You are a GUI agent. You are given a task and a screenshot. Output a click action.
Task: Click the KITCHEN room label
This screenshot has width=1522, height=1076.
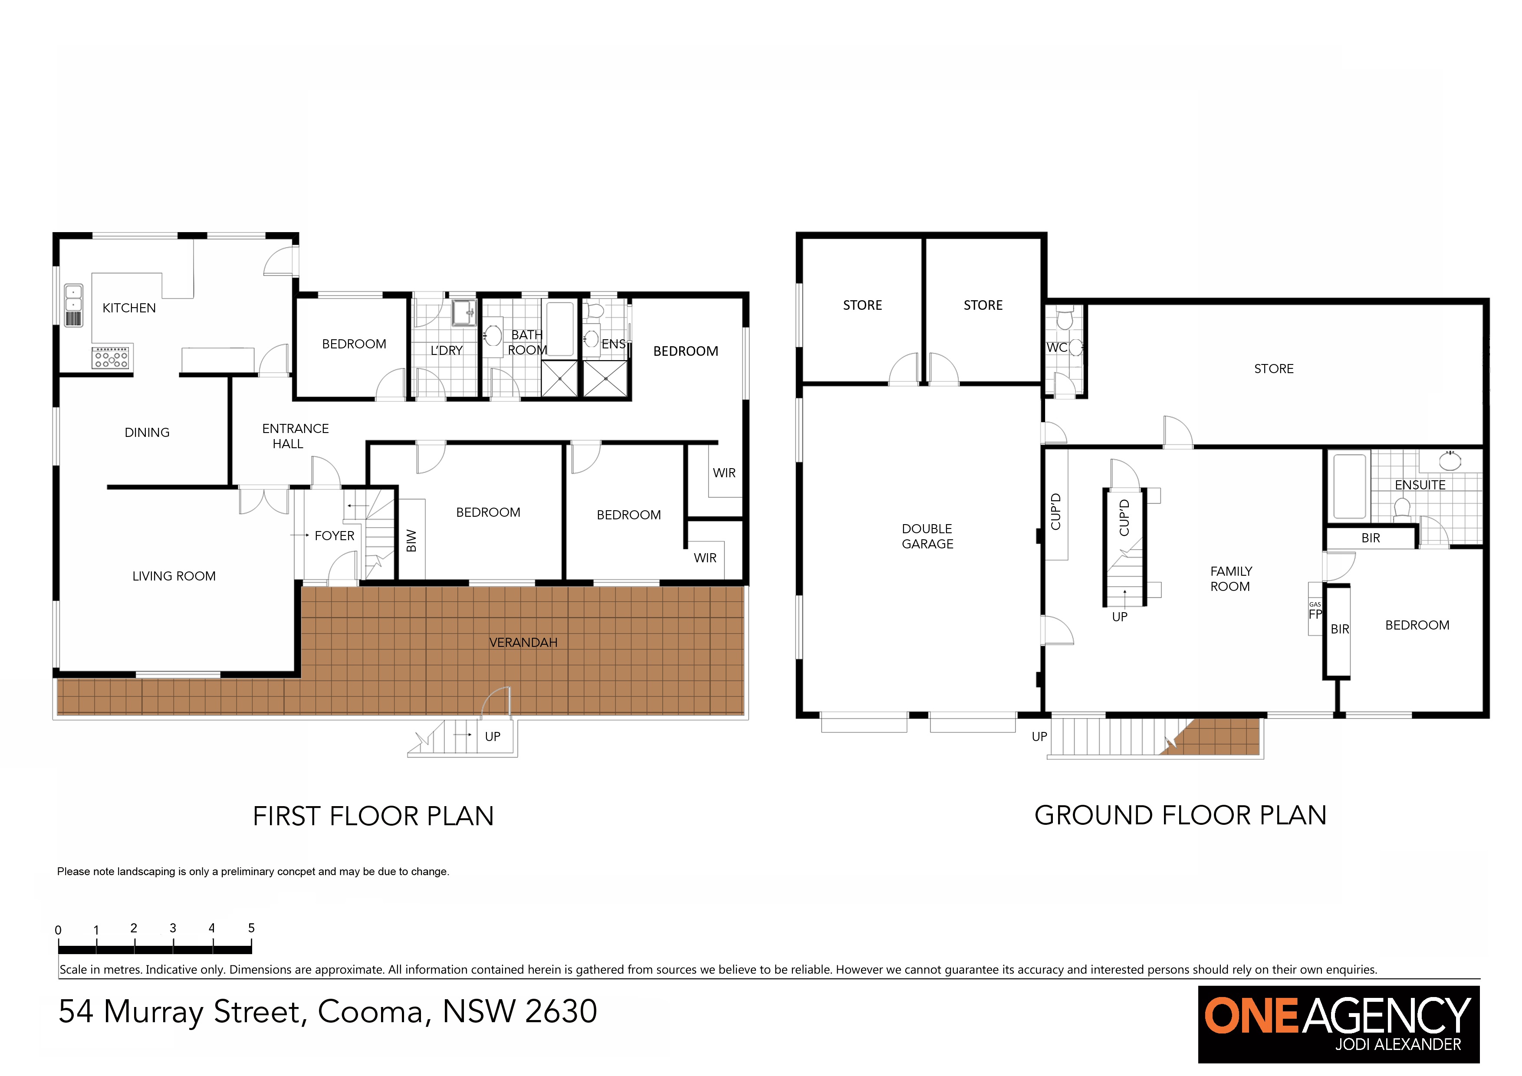[129, 308]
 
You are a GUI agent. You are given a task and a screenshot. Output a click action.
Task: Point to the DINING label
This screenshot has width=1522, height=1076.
[147, 433]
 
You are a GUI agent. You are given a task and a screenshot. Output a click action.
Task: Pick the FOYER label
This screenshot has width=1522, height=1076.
[334, 535]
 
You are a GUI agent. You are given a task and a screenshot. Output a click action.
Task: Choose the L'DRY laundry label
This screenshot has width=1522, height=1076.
[446, 351]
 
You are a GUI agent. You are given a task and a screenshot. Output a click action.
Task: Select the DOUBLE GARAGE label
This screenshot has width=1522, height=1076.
[927, 536]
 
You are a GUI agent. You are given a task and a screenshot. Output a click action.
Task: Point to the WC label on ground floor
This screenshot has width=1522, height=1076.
[1057, 348]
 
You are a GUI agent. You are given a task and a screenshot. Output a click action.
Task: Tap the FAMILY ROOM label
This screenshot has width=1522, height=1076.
[1231, 578]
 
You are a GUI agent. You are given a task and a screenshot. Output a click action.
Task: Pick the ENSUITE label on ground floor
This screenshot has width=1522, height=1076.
[1420, 485]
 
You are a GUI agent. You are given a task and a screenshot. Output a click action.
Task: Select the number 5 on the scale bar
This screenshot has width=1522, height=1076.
[251, 928]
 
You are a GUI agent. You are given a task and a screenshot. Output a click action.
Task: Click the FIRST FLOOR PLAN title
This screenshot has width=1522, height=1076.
[373, 816]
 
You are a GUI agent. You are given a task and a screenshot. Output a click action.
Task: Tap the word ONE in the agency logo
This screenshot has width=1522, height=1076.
[1251, 1017]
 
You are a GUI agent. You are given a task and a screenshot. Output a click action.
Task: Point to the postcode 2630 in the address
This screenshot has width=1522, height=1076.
[561, 1012]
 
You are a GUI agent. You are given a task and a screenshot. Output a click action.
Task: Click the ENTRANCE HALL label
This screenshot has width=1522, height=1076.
[295, 436]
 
